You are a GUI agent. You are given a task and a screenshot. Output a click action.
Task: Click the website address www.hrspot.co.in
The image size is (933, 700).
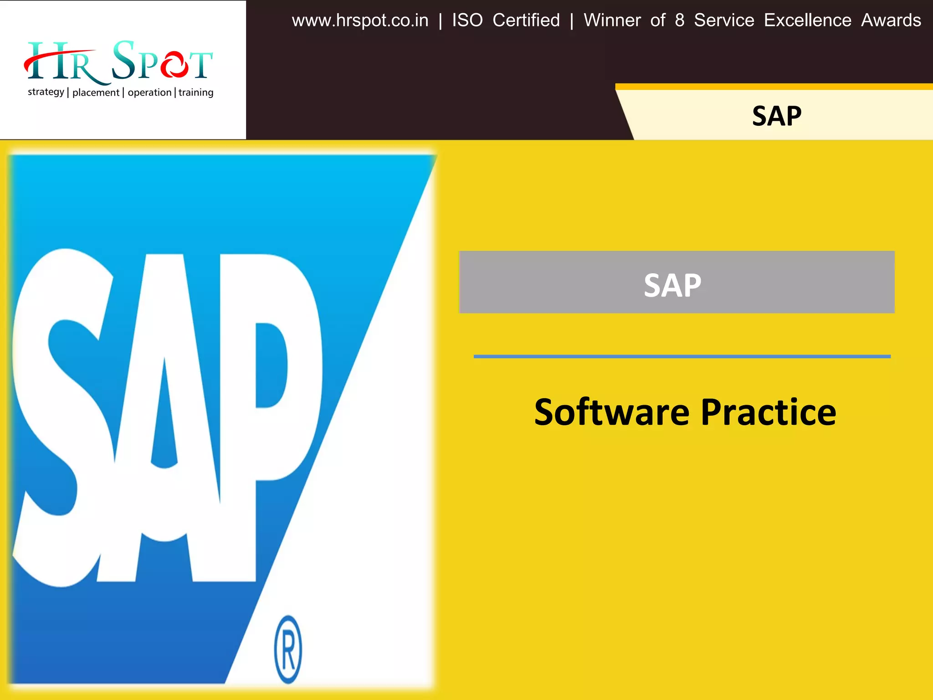point(360,21)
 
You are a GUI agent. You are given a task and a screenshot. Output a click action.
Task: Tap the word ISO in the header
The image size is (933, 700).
point(467,21)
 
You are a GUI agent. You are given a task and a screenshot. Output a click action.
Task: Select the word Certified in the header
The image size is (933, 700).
point(526,21)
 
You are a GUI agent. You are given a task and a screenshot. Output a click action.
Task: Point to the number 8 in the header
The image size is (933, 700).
point(679,21)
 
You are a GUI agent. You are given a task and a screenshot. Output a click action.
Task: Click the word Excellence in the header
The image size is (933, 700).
point(807,21)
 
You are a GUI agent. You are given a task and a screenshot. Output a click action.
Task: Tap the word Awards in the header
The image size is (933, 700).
point(891,21)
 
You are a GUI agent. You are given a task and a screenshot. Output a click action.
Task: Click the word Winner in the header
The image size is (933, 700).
point(612,21)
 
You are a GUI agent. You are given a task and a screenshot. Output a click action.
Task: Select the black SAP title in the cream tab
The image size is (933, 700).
point(776,116)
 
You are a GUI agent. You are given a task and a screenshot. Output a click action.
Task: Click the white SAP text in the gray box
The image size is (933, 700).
point(672,286)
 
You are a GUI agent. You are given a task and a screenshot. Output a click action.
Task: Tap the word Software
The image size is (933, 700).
point(612,412)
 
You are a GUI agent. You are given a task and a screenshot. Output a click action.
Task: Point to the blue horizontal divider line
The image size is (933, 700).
point(682,356)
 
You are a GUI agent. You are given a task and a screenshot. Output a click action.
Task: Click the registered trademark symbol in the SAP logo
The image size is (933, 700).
point(288,649)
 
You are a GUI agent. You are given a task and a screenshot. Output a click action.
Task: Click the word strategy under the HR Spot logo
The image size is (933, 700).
point(46,92)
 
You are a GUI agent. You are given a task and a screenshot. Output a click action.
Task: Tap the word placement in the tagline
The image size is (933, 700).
point(96,93)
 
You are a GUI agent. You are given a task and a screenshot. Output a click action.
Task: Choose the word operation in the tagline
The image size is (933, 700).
point(149,93)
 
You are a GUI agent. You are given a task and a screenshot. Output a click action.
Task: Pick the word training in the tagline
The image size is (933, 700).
point(196,93)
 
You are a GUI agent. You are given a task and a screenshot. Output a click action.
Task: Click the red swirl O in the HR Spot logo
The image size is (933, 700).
point(174,65)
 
